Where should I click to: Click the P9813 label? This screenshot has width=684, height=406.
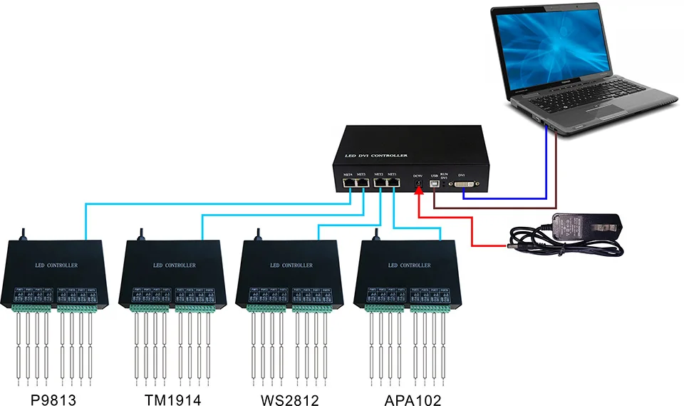[53, 400]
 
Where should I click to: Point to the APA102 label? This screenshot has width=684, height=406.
[411, 400]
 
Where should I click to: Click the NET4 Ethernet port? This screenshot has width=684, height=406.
[349, 183]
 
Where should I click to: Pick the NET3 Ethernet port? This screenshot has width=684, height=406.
[362, 183]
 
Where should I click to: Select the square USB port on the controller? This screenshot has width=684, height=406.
[435, 184]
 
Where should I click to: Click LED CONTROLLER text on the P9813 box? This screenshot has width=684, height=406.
[56, 265]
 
